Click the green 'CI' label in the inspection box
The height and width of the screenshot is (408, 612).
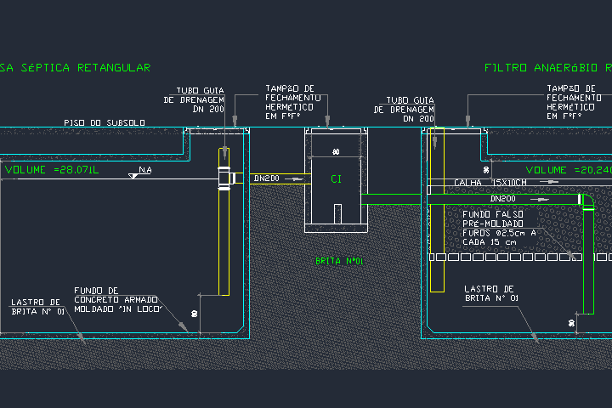336,179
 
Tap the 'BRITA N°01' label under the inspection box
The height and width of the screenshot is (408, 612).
339,261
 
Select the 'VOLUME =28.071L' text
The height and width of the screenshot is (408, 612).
52,170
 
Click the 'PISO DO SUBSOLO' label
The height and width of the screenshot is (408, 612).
104,123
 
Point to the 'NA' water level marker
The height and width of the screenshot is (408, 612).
144,172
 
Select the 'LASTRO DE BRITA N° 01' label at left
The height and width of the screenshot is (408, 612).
37,306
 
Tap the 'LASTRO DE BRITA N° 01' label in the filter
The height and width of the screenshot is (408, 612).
491,293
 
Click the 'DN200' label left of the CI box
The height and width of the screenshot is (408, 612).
267,178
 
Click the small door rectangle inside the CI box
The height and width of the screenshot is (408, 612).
337,212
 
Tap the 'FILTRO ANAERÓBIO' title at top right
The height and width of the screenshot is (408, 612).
541,67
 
